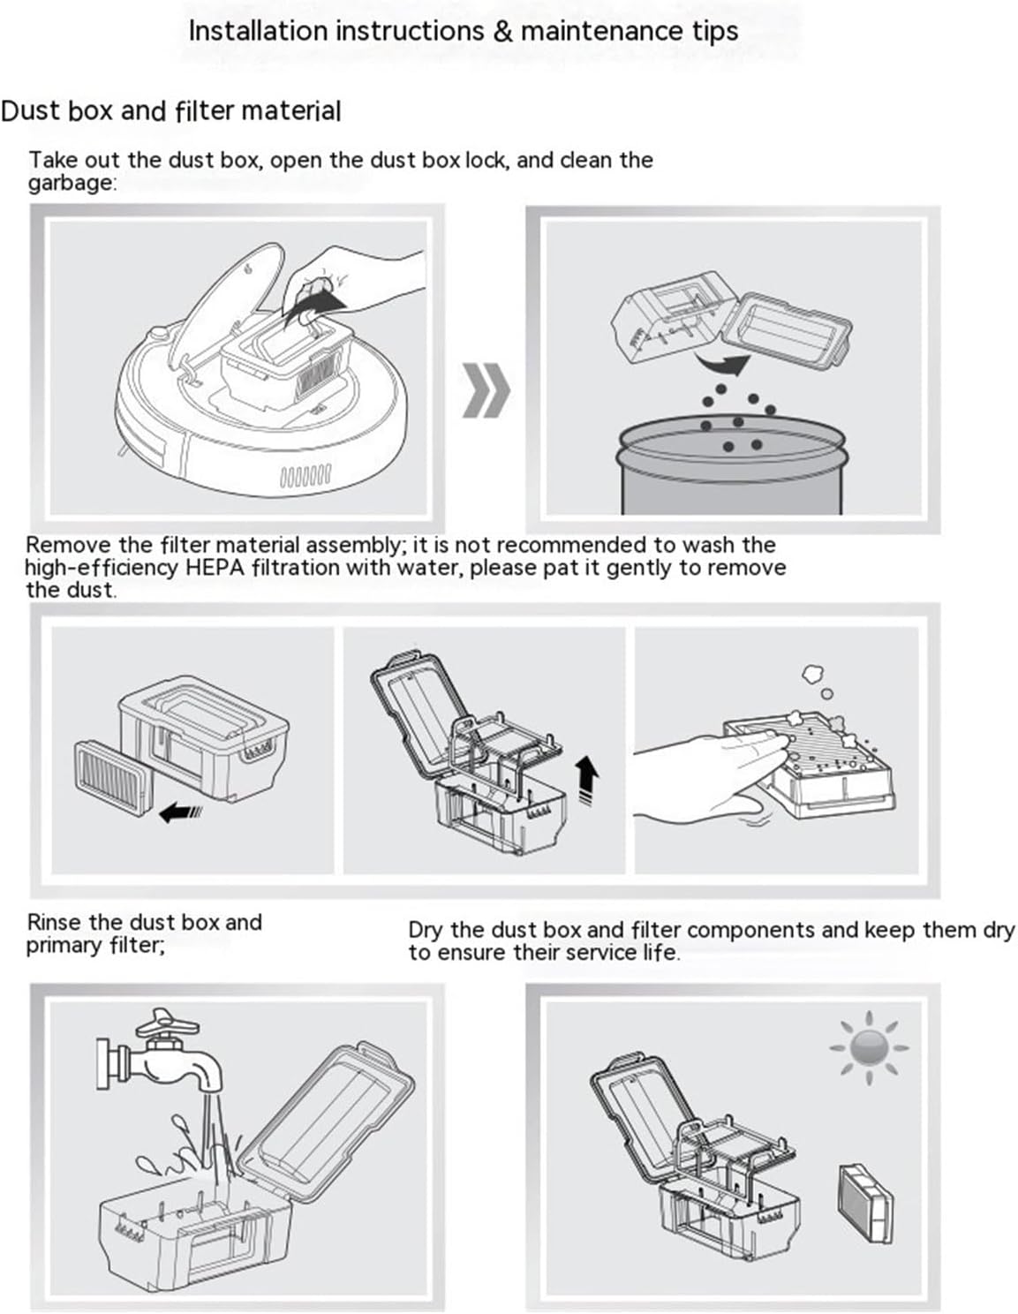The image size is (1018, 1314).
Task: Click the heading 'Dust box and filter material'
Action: click(x=170, y=111)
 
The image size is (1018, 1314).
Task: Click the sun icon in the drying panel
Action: click(x=869, y=1047)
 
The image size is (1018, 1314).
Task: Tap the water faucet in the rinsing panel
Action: click(x=163, y=1055)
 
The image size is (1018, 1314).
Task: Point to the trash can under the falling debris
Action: click(x=732, y=468)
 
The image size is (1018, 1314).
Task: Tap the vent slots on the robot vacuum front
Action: click(x=305, y=477)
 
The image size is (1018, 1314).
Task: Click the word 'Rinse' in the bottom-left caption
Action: click(x=55, y=922)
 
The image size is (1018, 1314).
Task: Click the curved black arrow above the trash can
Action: click(x=721, y=362)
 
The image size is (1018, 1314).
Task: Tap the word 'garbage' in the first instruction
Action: click(x=70, y=183)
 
